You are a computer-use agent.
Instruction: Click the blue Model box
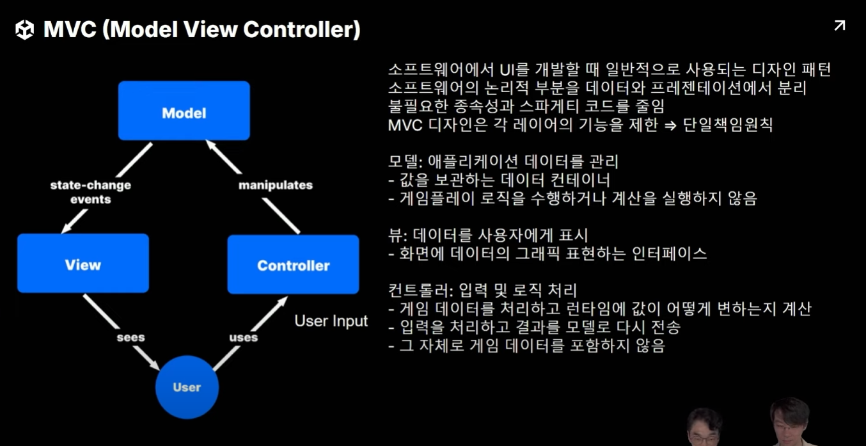[184, 111]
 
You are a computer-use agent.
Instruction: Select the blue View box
[83, 263]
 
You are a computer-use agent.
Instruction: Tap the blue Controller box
[293, 264]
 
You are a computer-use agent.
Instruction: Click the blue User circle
[187, 387]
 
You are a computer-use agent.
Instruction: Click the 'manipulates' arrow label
[276, 185]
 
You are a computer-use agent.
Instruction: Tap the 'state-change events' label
[91, 192]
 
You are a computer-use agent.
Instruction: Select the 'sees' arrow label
[130, 337]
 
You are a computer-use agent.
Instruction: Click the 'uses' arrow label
[243, 337]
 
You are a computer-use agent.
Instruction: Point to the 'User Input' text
[331, 321]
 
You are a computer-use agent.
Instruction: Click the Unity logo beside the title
[24, 29]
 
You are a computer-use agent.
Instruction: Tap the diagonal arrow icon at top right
[839, 26]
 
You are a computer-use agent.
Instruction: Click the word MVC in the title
[69, 29]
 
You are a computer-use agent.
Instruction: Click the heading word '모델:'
[404, 162]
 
